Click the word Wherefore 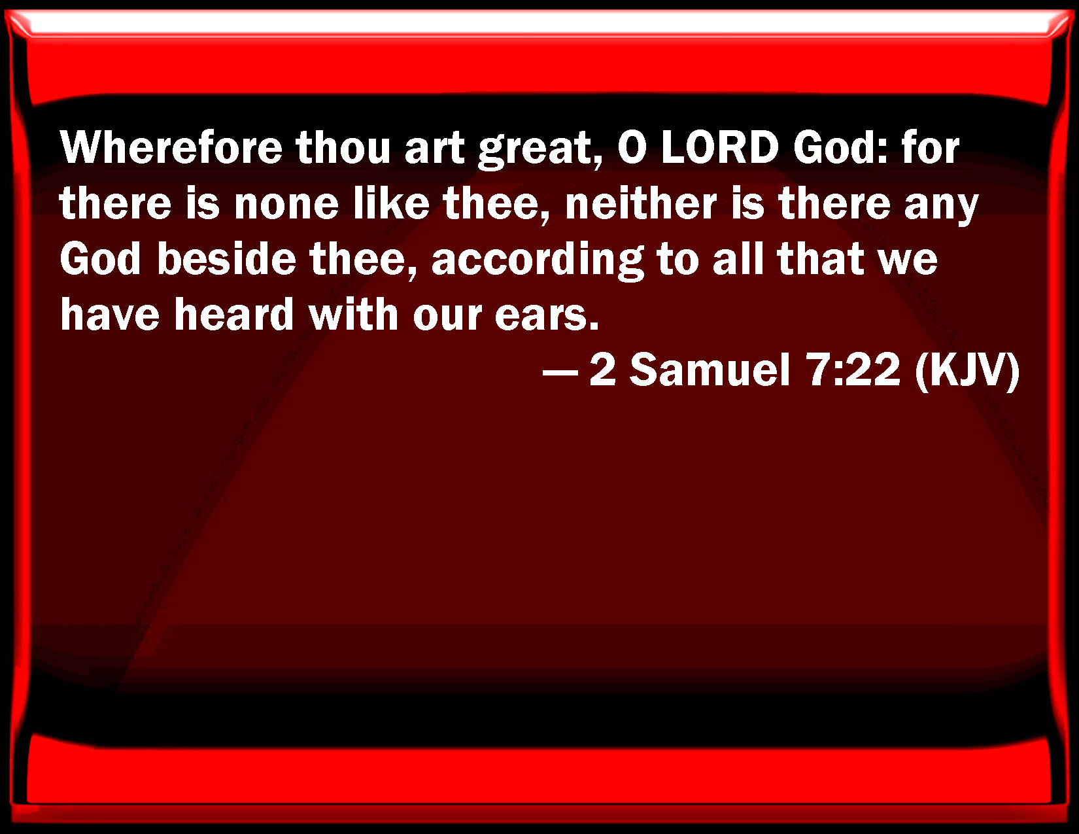click(171, 148)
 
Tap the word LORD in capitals click(719, 148)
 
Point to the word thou click(343, 148)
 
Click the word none click(286, 203)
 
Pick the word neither click(641, 203)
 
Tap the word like click(391, 203)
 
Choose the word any click(941, 207)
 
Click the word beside click(227, 258)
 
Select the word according click(538, 261)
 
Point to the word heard click(234, 314)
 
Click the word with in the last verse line click(354, 314)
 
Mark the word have click(110, 314)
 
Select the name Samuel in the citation click(710, 370)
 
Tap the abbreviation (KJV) click(968, 371)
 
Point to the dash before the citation click(560, 372)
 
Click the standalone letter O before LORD click(632, 148)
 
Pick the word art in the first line click(434, 148)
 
